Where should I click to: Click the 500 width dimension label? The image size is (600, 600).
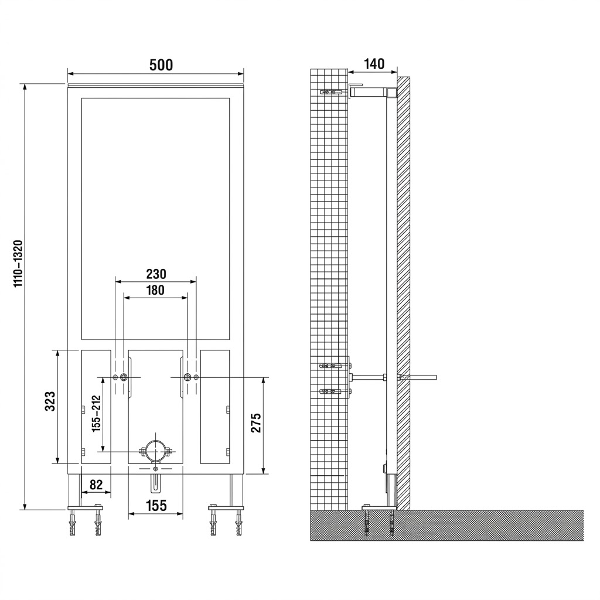[x=161, y=65]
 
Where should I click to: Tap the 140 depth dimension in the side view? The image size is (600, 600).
[x=374, y=64]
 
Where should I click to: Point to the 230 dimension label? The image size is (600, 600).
[x=156, y=274]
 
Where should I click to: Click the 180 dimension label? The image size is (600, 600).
[x=155, y=291]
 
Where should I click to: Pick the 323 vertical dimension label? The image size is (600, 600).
[x=50, y=401]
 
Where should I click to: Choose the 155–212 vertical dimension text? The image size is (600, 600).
[x=96, y=413]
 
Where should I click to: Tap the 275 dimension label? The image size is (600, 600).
[x=255, y=422]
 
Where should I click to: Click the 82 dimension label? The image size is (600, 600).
[x=96, y=485]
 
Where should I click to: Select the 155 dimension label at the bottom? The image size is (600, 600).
[x=156, y=506]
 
